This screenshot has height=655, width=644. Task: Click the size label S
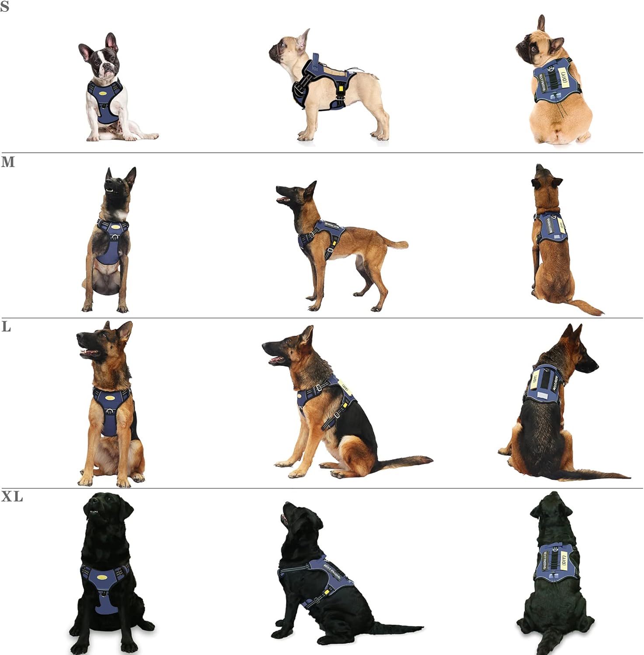pyautogui.click(x=4, y=7)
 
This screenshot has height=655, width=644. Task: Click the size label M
pyautogui.click(x=8, y=162)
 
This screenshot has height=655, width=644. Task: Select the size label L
pyautogui.click(x=6, y=327)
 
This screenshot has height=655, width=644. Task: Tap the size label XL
pyautogui.click(x=12, y=497)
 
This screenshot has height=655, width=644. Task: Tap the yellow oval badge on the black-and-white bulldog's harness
pyautogui.click(x=104, y=93)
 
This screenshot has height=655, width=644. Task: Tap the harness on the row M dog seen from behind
pyautogui.click(x=552, y=227)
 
